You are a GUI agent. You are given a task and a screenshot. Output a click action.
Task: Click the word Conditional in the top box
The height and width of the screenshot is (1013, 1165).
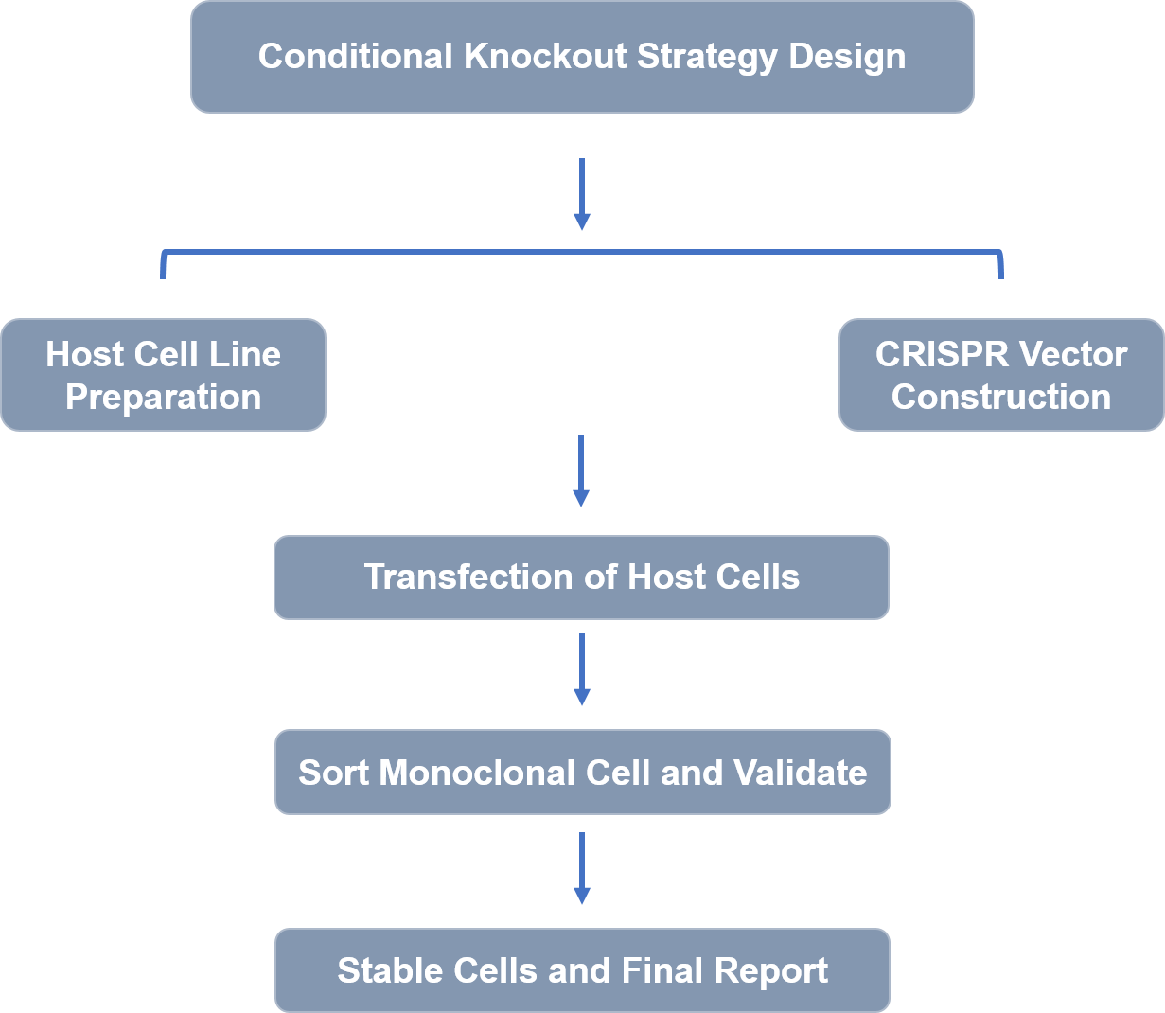355,57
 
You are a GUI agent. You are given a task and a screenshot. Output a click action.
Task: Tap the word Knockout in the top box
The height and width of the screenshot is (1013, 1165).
545,57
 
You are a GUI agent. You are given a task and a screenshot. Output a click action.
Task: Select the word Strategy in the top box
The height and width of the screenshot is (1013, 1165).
707,58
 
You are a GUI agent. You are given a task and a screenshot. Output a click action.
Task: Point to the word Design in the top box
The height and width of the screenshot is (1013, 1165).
847,58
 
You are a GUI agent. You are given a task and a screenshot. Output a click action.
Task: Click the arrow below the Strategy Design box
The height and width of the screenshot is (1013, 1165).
581,194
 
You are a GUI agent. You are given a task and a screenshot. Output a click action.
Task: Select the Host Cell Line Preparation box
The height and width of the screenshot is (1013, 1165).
164,375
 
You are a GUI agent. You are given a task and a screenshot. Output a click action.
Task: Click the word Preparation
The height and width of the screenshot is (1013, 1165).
164,398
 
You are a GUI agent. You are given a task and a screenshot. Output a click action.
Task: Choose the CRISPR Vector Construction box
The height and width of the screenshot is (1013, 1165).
1001,375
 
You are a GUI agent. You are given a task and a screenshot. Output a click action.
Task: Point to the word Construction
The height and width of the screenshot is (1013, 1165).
1001,397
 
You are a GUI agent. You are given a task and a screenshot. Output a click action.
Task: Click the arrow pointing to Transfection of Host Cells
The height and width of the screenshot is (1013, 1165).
581,471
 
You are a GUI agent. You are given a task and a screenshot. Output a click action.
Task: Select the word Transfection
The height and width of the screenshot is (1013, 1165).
468,577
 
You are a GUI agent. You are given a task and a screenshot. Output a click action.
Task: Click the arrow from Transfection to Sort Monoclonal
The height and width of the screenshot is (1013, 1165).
581,669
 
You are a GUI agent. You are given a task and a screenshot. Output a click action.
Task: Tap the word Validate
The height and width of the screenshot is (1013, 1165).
800,773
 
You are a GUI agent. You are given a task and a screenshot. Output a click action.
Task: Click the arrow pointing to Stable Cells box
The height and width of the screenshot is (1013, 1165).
581,868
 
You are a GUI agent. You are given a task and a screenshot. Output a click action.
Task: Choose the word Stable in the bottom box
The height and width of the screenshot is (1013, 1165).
390,970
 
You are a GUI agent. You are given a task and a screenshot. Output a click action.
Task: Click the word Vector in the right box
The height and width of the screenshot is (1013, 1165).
1073,354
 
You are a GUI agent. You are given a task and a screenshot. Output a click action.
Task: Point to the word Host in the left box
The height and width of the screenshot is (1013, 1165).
85,354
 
